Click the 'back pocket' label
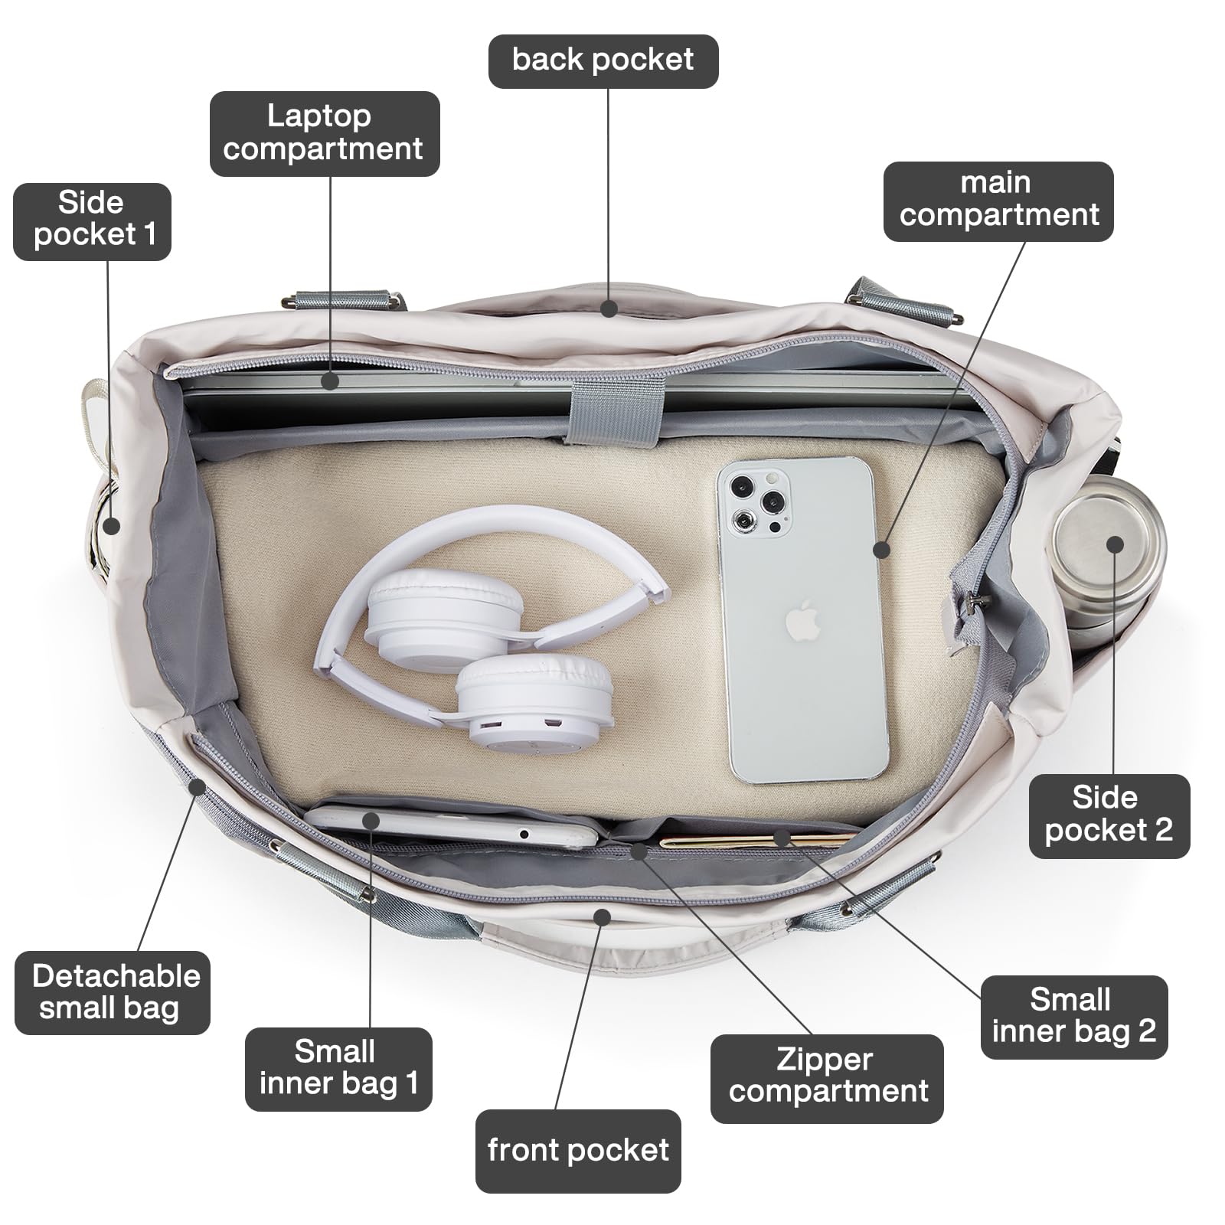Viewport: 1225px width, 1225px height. (603, 60)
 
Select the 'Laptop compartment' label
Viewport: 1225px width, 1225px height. (324, 133)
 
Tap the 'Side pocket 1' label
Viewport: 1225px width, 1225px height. (93, 220)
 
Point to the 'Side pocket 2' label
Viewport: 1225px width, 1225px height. (1109, 815)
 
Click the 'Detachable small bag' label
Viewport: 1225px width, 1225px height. (112, 992)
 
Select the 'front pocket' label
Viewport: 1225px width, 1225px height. (578, 1150)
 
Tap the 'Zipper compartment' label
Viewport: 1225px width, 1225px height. (827, 1076)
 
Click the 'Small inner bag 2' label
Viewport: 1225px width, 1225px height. (1073, 1016)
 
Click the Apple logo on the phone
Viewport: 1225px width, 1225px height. (802, 620)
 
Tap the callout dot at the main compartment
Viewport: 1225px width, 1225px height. (881, 549)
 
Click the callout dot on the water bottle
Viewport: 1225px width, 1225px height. (1115, 544)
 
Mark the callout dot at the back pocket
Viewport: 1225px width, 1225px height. (609, 309)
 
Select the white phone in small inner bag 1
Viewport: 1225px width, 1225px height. (452, 825)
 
